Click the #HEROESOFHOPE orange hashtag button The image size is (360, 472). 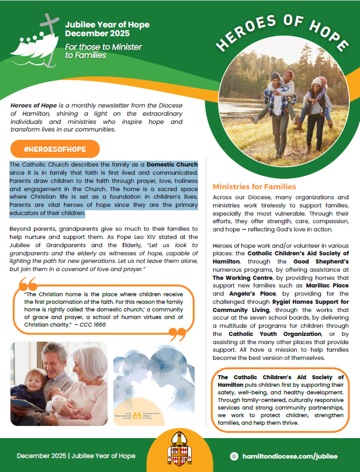(x=55, y=149)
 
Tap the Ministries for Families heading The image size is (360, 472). (x=254, y=187)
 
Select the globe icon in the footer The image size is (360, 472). (x=234, y=456)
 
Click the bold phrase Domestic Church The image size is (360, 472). (x=172, y=165)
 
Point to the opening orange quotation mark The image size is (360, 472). (x=27, y=284)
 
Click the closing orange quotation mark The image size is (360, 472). (x=178, y=334)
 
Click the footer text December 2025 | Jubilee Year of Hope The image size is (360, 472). (x=76, y=456)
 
